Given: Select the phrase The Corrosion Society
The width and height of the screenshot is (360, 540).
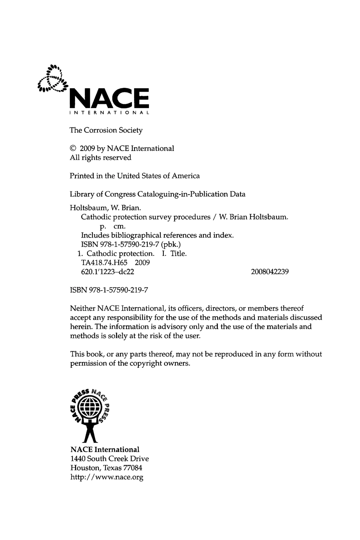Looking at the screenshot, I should pos(106,130).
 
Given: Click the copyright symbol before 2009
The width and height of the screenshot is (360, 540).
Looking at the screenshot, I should pos(73,149).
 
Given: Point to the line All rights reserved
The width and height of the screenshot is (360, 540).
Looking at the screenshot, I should pos(100,158).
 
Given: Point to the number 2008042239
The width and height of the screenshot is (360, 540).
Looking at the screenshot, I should pos(270,272).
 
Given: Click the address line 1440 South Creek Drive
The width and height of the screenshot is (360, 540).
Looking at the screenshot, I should pos(110,459).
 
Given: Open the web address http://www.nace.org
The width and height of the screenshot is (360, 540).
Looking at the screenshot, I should pos(107,477).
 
